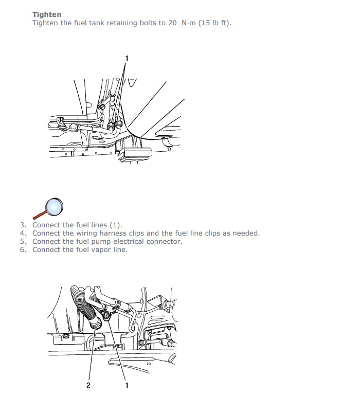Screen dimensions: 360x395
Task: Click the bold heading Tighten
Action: pyautogui.click(x=47, y=14)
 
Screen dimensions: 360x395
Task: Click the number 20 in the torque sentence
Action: pyautogui.click(x=172, y=23)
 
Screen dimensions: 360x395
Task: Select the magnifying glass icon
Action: pyautogui.click(x=48, y=209)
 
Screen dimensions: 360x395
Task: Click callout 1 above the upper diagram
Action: pyautogui.click(x=127, y=59)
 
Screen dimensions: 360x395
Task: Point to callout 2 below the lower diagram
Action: pyautogui.click(x=88, y=385)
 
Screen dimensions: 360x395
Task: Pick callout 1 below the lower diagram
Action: pyautogui.click(x=127, y=385)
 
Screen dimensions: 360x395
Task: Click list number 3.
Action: pyautogui.click(x=23, y=225)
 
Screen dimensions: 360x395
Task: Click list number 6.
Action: pyautogui.click(x=23, y=249)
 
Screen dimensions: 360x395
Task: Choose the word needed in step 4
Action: pyautogui.click(x=246, y=234)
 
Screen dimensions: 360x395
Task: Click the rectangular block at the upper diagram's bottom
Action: pyautogui.click(x=135, y=153)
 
